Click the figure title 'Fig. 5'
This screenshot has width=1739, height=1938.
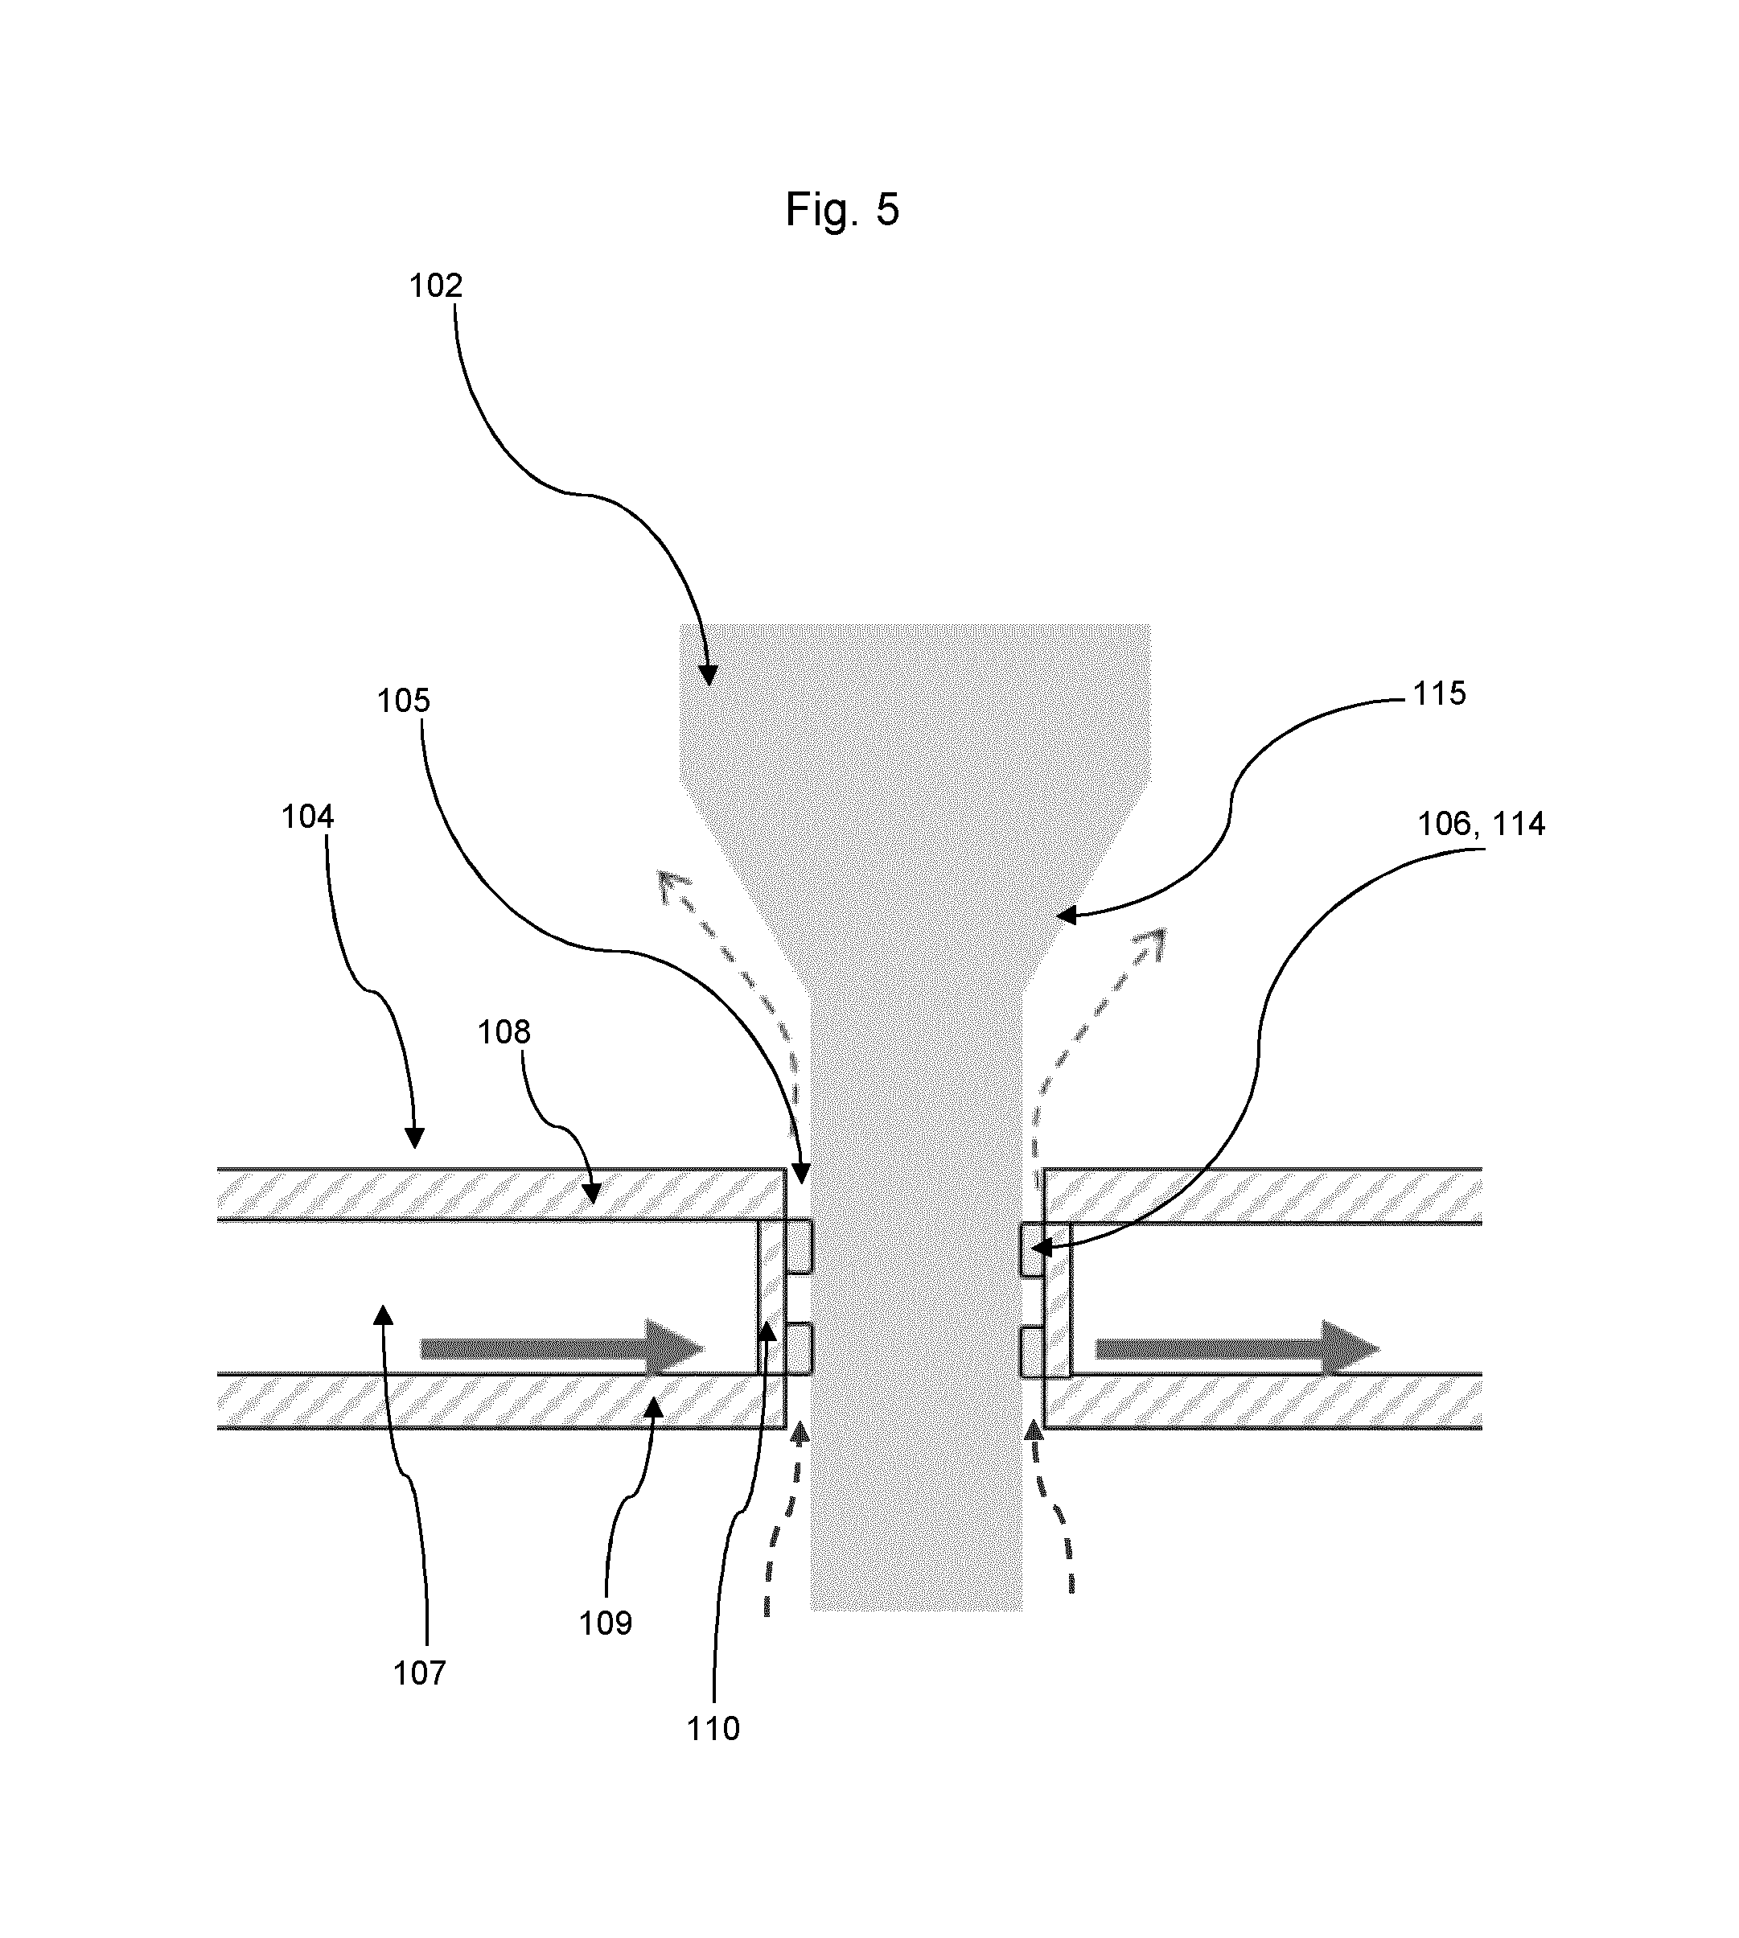(842, 209)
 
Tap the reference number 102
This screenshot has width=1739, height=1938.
(436, 286)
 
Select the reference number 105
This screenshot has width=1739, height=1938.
(403, 702)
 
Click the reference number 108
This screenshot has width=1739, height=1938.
(504, 1032)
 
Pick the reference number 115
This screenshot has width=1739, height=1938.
(1439, 693)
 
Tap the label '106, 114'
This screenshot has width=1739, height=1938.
(1481, 824)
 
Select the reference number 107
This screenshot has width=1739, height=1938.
(419, 1673)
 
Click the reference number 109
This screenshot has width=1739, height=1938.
(606, 1623)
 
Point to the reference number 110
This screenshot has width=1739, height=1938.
(713, 1729)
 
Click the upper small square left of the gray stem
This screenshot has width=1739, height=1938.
(799, 1247)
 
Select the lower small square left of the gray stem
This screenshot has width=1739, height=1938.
(799, 1350)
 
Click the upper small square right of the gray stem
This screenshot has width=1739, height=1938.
(1032, 1250)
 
